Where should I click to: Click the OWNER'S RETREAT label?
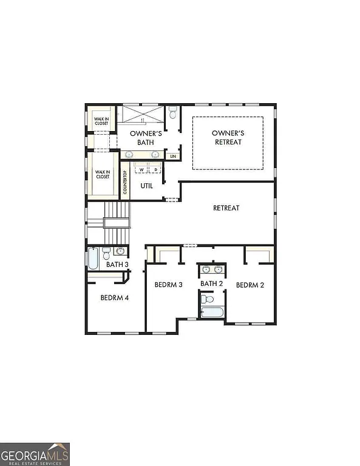[228, 137]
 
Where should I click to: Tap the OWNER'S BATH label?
[146, 138]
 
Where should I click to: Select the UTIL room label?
[146, 186]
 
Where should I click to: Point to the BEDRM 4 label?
[114, 297]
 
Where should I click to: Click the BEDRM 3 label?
[168, 285]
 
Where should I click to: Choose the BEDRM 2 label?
[250, 285]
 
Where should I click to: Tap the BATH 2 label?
[212, 283]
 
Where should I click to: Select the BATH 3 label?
[117, 265]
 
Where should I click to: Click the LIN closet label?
[173, 157]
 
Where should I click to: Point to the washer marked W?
[141, 169]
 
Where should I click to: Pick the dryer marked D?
[155, 169]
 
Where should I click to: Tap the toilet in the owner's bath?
[173, 113]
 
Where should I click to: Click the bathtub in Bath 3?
[93, 258]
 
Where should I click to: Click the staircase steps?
[117, 221]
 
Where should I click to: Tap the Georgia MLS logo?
[35, 454]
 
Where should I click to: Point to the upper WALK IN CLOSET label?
[101, 120]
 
